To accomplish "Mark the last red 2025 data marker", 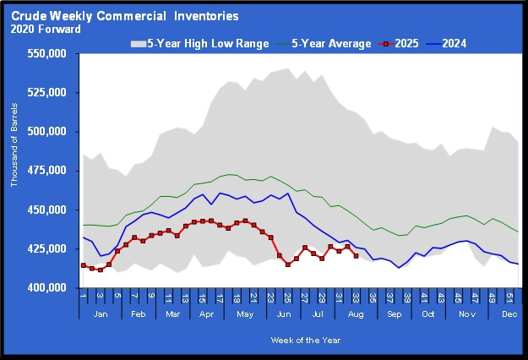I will [x=356, y=256].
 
